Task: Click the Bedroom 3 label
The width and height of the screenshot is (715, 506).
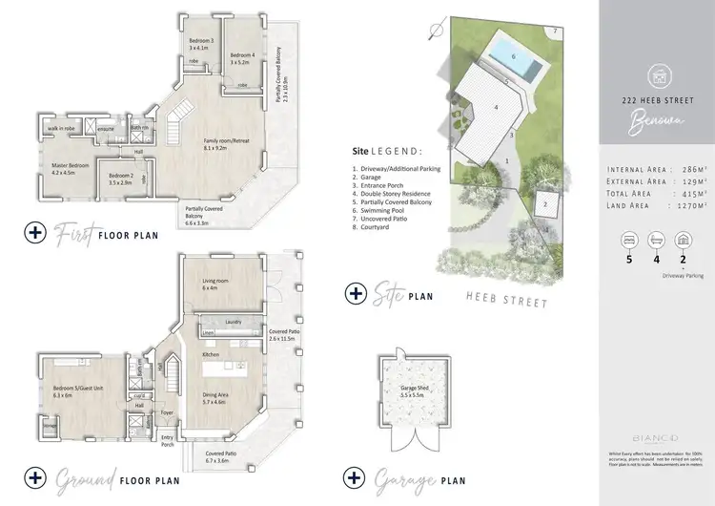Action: [x=200, y=42]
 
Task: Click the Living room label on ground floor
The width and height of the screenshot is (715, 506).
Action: [x=216, y=283]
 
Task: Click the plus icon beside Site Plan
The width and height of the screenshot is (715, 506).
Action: [x=355, y=293]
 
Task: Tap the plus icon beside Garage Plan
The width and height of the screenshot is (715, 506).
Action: [x=355, y=475]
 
